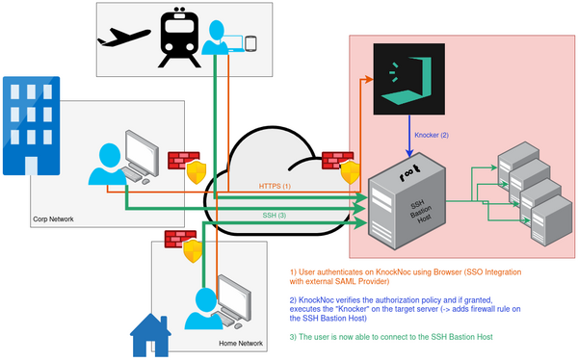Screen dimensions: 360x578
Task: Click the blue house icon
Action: click(149, 334)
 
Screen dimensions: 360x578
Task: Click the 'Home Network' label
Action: click(241, 342)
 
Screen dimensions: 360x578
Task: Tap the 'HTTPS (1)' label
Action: click(275, 185)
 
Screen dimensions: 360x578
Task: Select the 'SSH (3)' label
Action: click(275, 214)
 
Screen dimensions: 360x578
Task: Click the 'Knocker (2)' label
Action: click(432, 135)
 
